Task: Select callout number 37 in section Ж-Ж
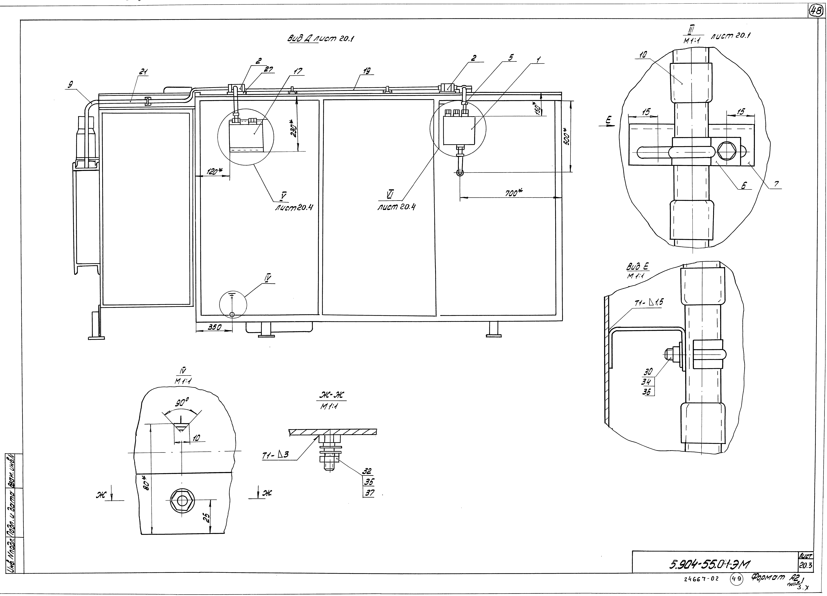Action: [x=369, y=494]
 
